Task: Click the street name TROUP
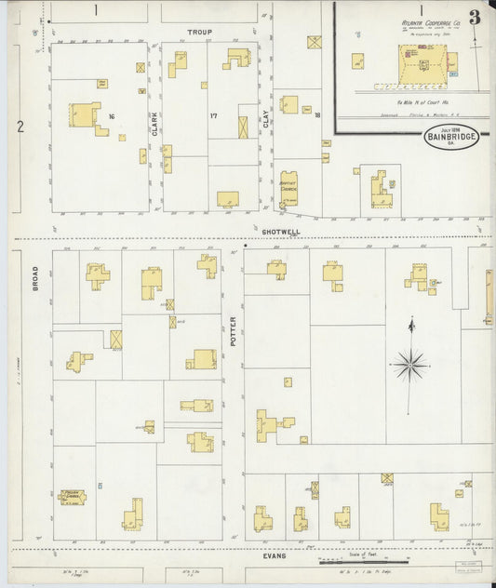click(x=199, y=33)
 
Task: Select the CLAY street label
click(x=265, y=118)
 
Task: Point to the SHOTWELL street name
click(x=278, y=231)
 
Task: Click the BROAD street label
click(x=36, y=279)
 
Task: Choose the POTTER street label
click(x=234, y=331)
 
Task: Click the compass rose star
click(x=409, y=364)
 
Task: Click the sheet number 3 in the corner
click(x=475, y=17)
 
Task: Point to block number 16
click(x=111, y=116)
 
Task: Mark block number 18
click(x=316, y=116)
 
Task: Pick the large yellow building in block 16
click(x=84, y=115)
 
